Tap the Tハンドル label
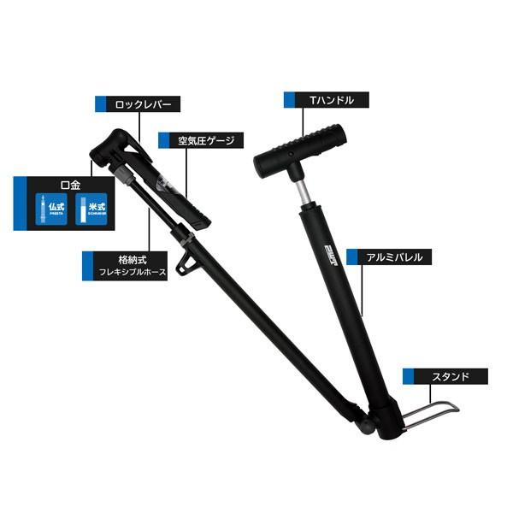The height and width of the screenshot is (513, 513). click(x=327, y=99)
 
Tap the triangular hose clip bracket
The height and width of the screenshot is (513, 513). click(x=183, y=267)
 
